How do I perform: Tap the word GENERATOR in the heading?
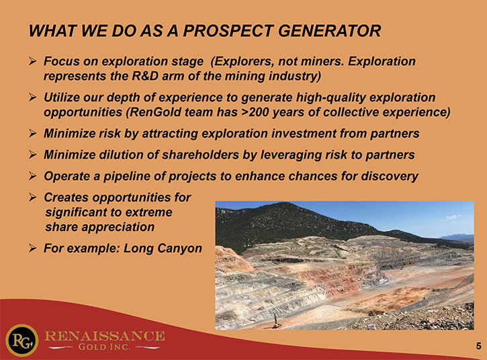[330, 31]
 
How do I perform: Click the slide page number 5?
[479, 346]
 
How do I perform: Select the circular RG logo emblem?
[21, 341]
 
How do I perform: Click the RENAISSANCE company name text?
[105, 336]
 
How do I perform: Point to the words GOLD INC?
[104, 347]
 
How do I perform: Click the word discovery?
[390, 176]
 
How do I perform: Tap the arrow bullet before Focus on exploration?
[33, 61]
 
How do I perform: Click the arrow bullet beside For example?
[33, 248]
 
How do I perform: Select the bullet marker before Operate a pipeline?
[33, 176]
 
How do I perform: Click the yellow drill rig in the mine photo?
[275, 321]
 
